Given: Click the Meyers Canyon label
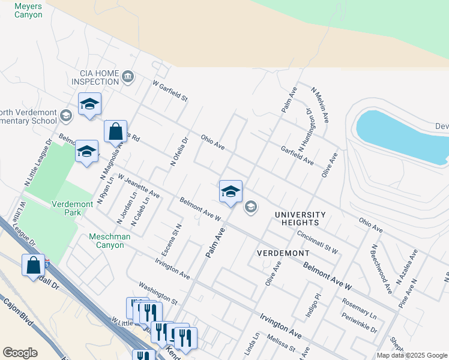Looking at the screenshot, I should pyautogui.click(x=28, y=10).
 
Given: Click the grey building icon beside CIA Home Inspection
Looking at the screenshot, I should pyautogui.click(x=128, y=76).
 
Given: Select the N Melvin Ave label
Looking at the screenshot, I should pyautogui.click(x=320, y=105).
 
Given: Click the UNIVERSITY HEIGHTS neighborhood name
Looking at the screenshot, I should pyautogui.click(x=300, y=219).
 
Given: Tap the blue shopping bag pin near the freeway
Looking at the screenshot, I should pyautogui.click(x=33, y=266).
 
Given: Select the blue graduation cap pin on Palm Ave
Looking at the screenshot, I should pyautogui.click(x=231, y=192).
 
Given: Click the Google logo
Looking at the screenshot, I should pyautogui.click(x=20, y=352).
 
